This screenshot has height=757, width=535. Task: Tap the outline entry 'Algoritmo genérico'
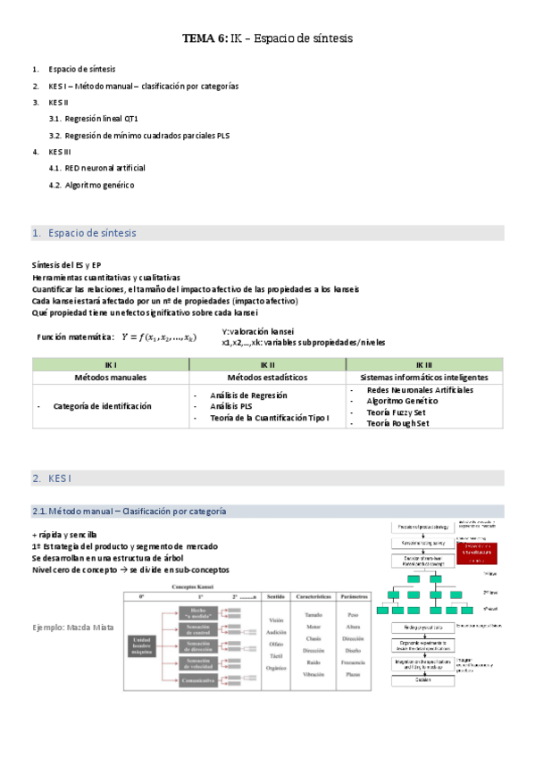pos(99,185)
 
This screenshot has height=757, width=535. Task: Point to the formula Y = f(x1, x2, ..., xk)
pos(159,337)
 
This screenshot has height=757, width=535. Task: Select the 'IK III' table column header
pos(424,365)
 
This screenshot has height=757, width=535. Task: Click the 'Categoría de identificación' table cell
pos(102,406)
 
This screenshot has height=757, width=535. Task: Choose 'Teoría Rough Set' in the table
pos(398,423)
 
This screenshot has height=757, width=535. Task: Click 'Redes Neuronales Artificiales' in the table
pos(420,390)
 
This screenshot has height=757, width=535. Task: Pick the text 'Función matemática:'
pos(76,337)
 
